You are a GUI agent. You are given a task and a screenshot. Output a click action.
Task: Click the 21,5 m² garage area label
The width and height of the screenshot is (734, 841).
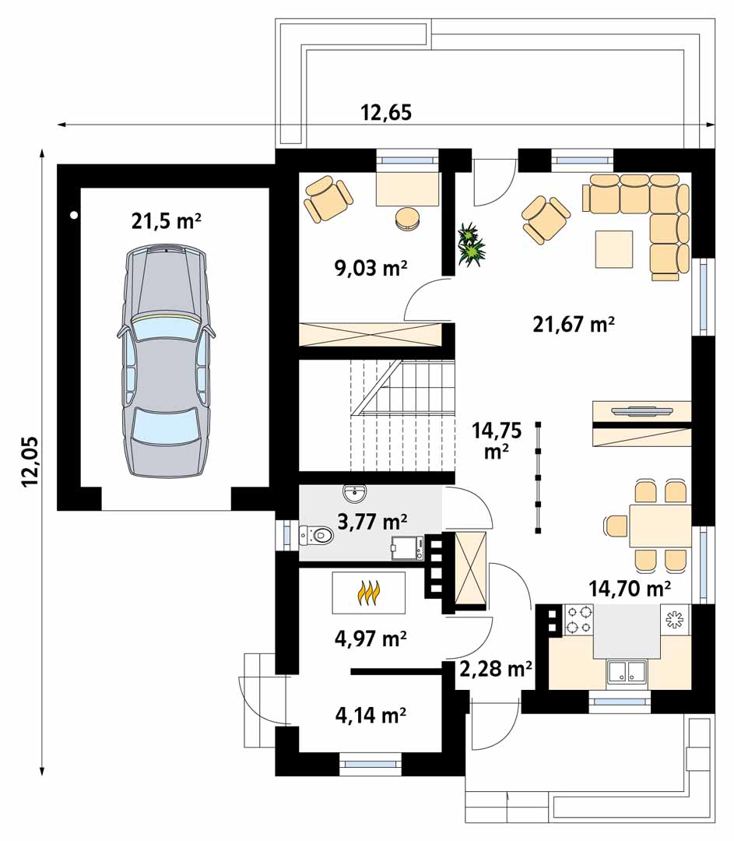pyautogui.click(x=167, y=220)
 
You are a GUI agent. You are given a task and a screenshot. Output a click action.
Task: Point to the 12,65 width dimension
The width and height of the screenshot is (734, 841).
pyautogui.click(x=386, y=113)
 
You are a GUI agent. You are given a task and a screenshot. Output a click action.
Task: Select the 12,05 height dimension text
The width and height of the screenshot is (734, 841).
pyautogui.click(x=30, y=461)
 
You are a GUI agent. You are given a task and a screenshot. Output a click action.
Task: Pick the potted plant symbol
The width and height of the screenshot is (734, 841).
pyautogui.click(x=471, y=245)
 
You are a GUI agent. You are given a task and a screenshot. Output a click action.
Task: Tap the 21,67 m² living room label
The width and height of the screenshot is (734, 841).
pyautogui.click(x=574, y=324)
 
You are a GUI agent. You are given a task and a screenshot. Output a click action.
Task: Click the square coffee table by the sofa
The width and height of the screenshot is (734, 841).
pyautogui.click(x=614, y=249)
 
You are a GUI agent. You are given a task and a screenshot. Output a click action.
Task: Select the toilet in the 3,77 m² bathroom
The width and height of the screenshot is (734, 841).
pyautogui.click(x=316, y=535)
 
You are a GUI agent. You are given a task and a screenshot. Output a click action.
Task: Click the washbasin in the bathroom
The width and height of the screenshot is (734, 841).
pyautogui.click(x=354, y=494)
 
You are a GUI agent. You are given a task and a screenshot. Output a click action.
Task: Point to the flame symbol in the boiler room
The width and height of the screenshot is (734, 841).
pyautogui.click(x=368, y=593)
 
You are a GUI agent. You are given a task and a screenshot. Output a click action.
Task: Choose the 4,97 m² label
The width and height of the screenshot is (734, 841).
pyautogui.click(x=371, y=639)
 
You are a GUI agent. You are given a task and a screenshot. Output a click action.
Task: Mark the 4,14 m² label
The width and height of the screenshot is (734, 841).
pyautogui.click(x=371, y=715)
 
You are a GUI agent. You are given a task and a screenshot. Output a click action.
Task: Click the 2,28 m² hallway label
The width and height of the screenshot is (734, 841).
pyautogui.click(x=496, y=669)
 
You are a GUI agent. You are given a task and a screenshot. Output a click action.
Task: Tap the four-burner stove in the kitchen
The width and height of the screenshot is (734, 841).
pyautogui.click(x=578, y=619)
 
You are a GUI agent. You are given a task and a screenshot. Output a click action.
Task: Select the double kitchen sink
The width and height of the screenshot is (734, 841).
pyautogui.click(x=627, y=672)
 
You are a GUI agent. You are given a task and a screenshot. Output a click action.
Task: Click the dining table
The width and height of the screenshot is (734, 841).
pyautogui.click(x=660, y=526)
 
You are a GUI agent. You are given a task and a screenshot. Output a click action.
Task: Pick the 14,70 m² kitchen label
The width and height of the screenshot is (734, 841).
pyautogui.click(x=630, y=589)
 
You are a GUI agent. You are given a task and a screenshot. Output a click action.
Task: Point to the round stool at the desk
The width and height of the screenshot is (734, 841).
pyautogui.click(x=409, y=218)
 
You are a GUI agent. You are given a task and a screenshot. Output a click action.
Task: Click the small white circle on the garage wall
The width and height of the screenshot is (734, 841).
pyautogui.click(x=75, y=216)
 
